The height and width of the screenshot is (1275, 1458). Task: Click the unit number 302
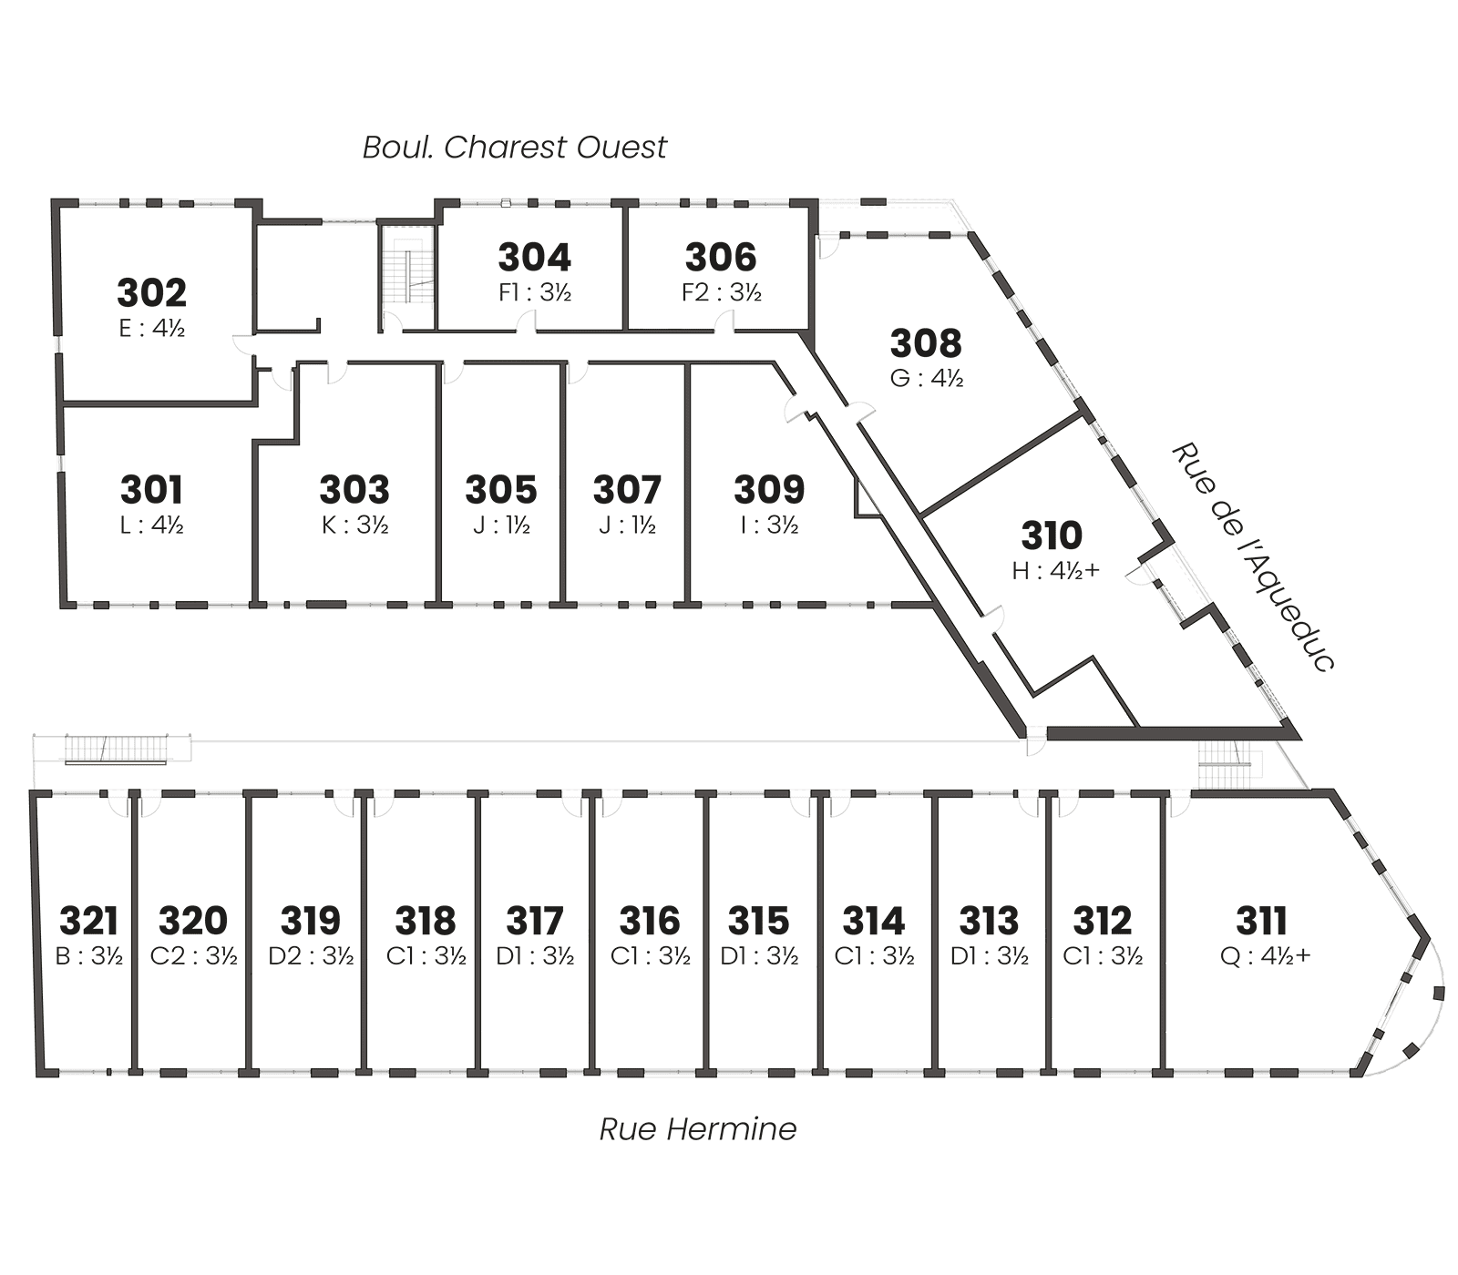[151, 293]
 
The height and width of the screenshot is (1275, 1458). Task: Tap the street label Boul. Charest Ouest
[515, 148]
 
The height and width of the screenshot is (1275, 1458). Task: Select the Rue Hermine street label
[698, 1129]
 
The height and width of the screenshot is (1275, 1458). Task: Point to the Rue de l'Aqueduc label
[1254, 556]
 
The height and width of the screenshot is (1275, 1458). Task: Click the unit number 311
[1261, 921]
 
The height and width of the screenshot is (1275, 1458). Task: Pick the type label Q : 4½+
[1265, 956]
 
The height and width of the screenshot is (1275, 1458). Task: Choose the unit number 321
[89, 921]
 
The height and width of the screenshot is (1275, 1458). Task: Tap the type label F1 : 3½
[535, 292]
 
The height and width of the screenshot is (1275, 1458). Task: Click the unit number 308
[926, 343]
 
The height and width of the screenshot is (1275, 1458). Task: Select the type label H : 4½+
[1056, 570]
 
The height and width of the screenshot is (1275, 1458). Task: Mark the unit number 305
[501, 490]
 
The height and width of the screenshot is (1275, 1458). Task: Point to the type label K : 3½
[354, 525]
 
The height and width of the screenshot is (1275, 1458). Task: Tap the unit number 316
[650, 921]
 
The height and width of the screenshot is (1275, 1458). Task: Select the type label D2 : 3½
[311, 956]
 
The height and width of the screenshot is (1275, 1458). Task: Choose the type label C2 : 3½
[194, 956]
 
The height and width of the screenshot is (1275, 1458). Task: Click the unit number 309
[770, 490]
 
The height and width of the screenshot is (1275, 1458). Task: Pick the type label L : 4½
[152, 525]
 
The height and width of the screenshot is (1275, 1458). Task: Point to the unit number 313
[990, 921]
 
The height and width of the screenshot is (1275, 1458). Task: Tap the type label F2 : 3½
[722, 292]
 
